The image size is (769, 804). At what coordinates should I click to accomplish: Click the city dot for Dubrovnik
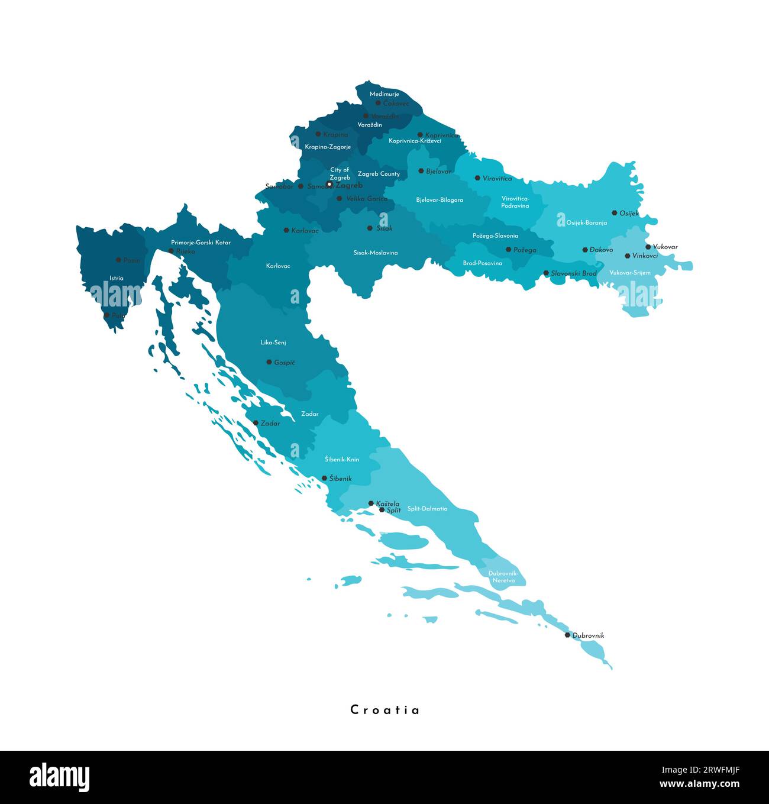pyautogui.click(x=567, y=635)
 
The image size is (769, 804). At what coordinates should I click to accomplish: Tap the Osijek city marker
pyautogui.click(x=615, y=213)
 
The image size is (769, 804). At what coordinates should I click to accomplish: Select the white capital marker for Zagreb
pyautogui.click(x=329, y=185)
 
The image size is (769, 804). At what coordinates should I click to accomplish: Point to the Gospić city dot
pyautogui.click(x=269, y=362)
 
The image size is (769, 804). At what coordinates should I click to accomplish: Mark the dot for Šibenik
pyautogui.click(x=324, y=478)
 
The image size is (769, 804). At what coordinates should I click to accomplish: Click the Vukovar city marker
pyautogui.click(x=648, y=247)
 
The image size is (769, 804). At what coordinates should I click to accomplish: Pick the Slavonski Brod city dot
pyautogui.click(x=546, y=273)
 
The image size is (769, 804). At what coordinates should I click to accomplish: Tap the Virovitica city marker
pyautogui.click(x=477, y=178)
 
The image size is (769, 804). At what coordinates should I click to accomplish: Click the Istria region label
pyautogui.click(x=117, y=278)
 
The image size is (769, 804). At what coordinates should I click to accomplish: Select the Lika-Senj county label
pyautogui.click(x=273, y=343)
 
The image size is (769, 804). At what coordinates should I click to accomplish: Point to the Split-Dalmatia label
pyautogui.click(x=427, y=509)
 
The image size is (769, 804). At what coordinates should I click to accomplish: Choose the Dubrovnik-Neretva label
pyautogui.click(x=503, y=577)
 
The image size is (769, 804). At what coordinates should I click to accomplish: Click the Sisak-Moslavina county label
pyautogui.click(x=376, y=253)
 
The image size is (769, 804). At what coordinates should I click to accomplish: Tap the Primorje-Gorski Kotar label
pyautogui.click(x=201, y=243)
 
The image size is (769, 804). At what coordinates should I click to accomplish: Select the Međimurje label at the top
pyautogui.click(x=384, y=94)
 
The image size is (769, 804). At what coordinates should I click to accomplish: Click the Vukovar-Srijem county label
pyautogui.click(x=630, y=273)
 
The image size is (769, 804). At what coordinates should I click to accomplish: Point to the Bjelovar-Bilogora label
pyautogui.click(x=440, y=200)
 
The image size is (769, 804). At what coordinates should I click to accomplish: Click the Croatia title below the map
pyautogui.click(x=385, y=710)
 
